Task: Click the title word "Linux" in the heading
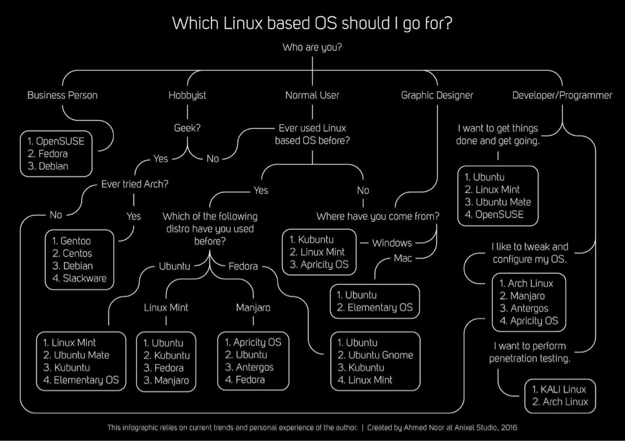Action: tap(243, 23)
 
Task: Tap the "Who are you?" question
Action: tap(312, 47)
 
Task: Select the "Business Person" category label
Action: tap(63, 95)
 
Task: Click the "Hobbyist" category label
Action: tap(187, 95)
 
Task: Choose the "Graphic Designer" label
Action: tap(437, 95)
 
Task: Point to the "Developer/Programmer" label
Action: tap(562, 95)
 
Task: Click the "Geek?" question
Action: tap(187, 128)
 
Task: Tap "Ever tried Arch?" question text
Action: tap(135, 184)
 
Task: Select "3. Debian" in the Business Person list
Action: tap(48, 166)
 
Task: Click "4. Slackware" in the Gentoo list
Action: tap(80, 278)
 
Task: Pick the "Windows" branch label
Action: tap(392, 243)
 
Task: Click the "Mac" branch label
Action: tap(403, 258)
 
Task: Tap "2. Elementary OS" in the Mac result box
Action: tap(374, 307)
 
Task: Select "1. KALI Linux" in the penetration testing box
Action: tap(559, 390)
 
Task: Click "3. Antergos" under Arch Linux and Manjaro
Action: tap(524, 308)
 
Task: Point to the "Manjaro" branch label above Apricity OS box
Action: tap(253, 308)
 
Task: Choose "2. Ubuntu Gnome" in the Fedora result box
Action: tap(376, 355)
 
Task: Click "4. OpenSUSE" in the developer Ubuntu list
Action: tap(494, 214)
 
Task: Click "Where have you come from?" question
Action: tap(378, 216)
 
